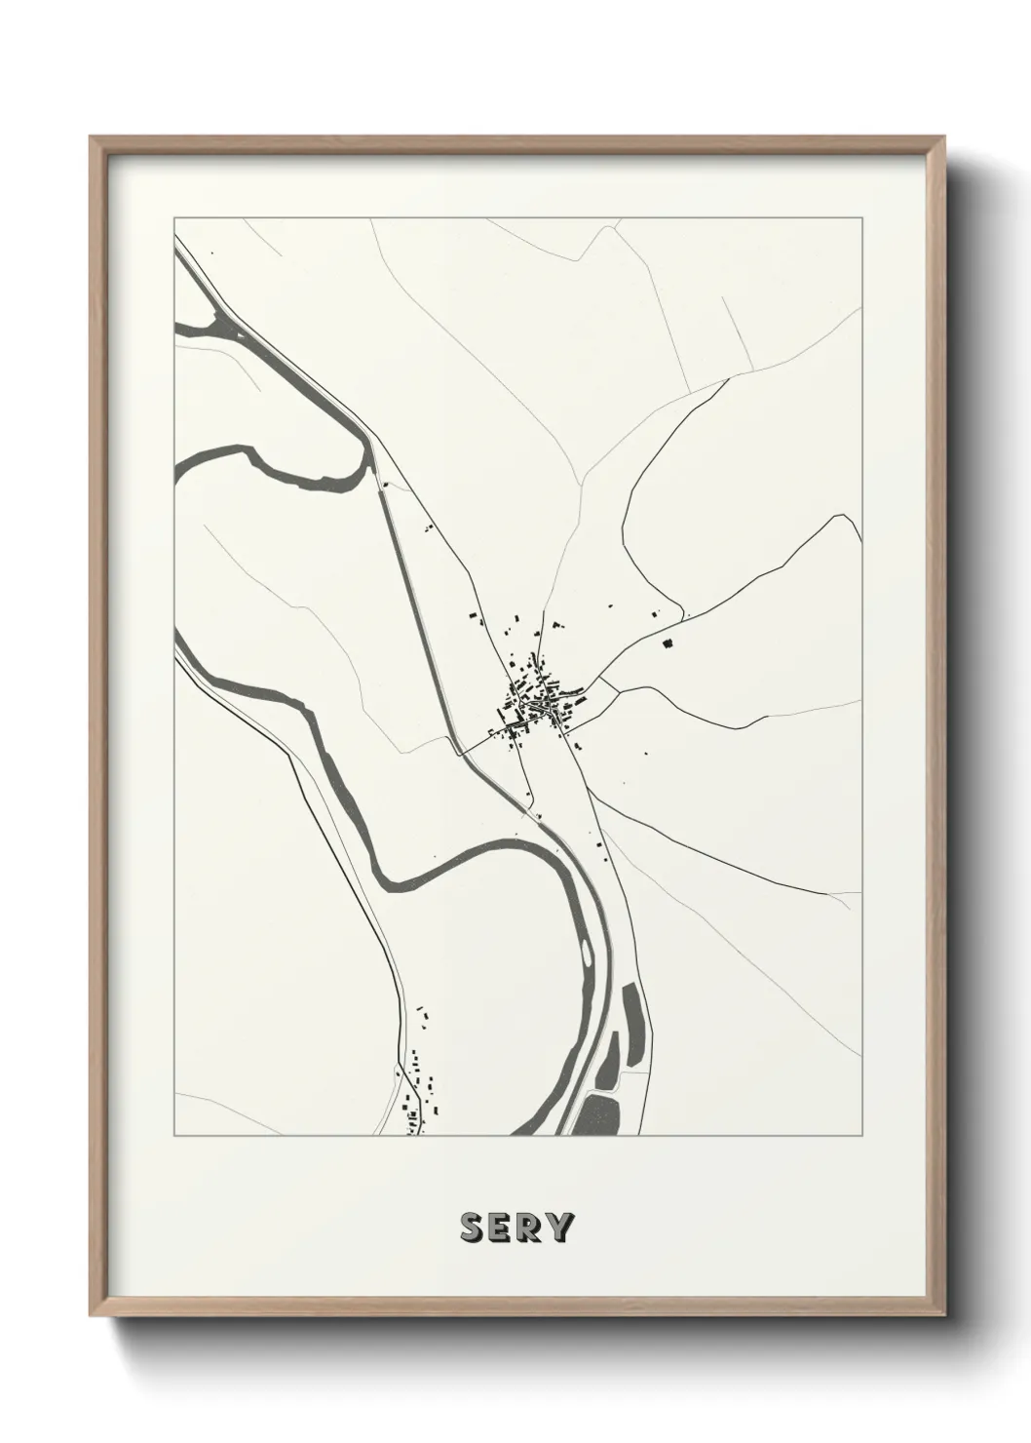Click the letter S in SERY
[x=471, y=1228]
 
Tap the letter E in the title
[x=500, y=1228]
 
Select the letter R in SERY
[x=529, y=1228]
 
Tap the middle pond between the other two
[x=610, y=1060]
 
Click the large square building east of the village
[x=668, y=643]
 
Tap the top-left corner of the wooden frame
[x=92, y=138]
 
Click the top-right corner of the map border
[x=861, y=216]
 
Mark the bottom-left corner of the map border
[x=174, y=1136]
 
